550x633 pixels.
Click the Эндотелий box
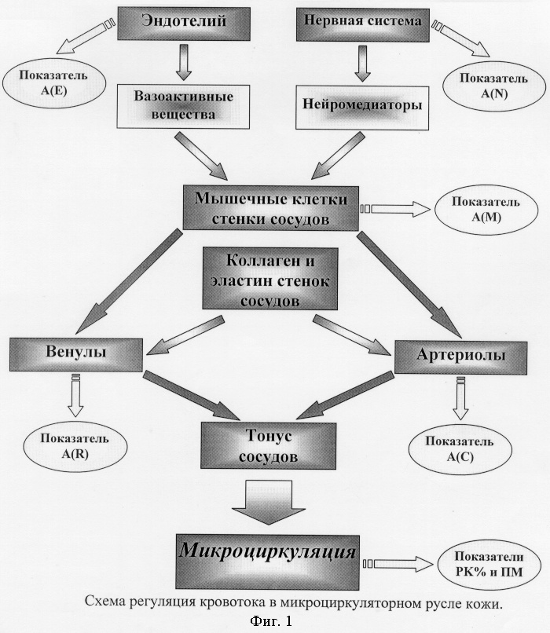click(x=183, y=23)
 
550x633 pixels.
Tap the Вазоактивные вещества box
click(x=183, y=107)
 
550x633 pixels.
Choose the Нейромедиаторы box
click(x=362, y=107)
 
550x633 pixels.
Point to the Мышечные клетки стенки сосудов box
click(x=270, y=208)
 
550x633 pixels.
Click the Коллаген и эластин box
click(x=269, y=279)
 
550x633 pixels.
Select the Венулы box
click(x=76, y=354)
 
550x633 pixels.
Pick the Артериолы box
click(x=460, y=357)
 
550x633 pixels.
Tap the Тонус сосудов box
click(x=268, y=445)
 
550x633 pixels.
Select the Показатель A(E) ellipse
click(x=54, y=83)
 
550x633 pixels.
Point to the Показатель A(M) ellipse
click(x=486, y=210)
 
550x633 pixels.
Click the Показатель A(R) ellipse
click(x=75, y=447)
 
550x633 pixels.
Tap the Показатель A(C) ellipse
click(x=460, y=449)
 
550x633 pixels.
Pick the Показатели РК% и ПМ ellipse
click(x=489, y=565)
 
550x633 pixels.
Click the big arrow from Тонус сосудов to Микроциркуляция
click(x=269, y=503)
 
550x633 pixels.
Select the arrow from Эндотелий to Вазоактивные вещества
click(x=184, y=63)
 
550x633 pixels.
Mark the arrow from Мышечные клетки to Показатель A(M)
click(x=395, y=209)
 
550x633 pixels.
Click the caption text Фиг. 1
click(x=271, y=621)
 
